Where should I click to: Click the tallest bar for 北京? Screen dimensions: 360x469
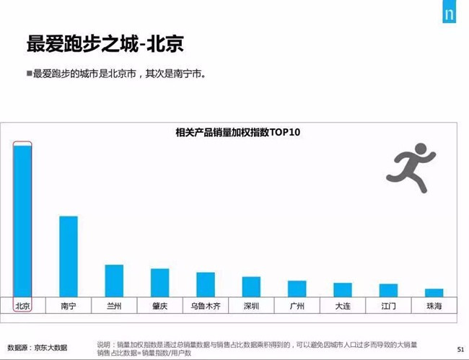click(x=22, y=220)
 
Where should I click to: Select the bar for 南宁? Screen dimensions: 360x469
click(x=69, y=255)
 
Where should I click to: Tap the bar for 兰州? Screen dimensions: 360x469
click(x=114, y=280)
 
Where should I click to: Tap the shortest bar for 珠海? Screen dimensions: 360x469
click(x=434, y=291)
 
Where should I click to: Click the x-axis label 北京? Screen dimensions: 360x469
click(x=22, y=306)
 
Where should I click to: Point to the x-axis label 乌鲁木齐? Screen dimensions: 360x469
click(x=206, y=306)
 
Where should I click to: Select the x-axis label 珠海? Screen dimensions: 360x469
click(x=434, y=306)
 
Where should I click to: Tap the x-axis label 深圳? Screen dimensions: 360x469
click(x=251, y=306)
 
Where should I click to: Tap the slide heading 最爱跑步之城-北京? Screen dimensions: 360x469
click(x=105, y=43)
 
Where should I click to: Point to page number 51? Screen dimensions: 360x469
click(x=460, y=349)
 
